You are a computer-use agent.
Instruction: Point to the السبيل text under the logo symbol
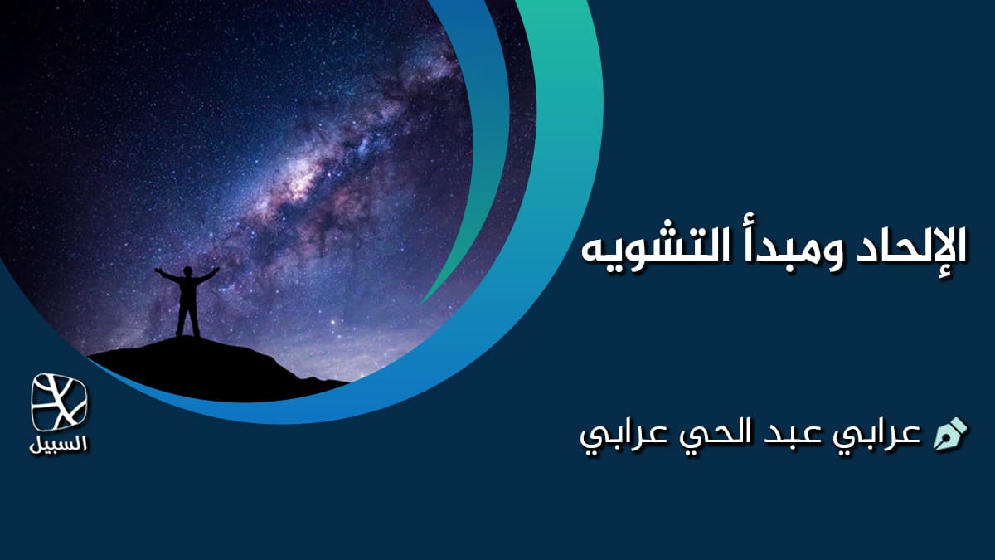tap(59, 443)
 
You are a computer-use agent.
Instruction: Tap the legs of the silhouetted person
tap(187, 319)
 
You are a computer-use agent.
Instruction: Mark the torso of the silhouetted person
tap(187, 290)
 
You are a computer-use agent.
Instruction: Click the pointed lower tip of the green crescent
tap(423, 301)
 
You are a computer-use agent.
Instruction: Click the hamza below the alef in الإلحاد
tap(946, 275)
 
